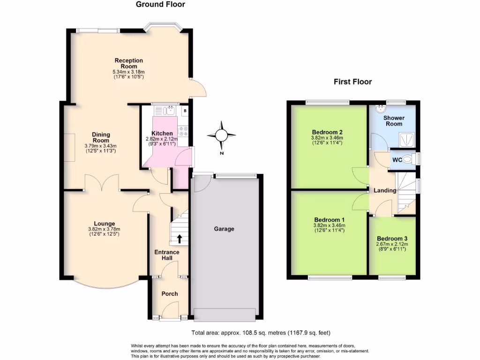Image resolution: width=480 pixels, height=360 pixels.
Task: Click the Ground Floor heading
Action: point(160,5)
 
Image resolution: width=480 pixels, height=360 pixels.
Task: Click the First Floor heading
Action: point(352,82)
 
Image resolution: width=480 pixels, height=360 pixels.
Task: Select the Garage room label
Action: point(224,229)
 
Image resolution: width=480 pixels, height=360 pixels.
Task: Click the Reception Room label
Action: point(128,63)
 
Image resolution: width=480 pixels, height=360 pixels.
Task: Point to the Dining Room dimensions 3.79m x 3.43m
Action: point(100,146)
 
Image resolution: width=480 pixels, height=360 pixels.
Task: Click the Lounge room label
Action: point(104,224)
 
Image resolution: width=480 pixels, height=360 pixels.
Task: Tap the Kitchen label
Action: point(162,134)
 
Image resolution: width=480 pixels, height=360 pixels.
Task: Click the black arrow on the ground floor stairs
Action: point(179,239)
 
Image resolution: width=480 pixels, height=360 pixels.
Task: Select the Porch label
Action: point(169,294)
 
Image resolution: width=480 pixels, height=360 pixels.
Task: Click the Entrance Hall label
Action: point(167,255)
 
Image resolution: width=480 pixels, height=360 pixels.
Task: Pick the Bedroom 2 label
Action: point(327,132)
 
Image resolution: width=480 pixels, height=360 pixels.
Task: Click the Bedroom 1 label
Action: point(329,220)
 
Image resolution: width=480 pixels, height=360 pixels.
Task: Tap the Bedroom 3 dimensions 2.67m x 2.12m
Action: point(392,244)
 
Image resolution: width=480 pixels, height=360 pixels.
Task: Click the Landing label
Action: point(385,190)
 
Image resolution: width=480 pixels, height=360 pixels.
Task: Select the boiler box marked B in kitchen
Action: point(185,111)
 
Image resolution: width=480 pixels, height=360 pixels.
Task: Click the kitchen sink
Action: point(170,111)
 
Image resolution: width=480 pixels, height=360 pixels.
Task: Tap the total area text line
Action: point(261,334)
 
